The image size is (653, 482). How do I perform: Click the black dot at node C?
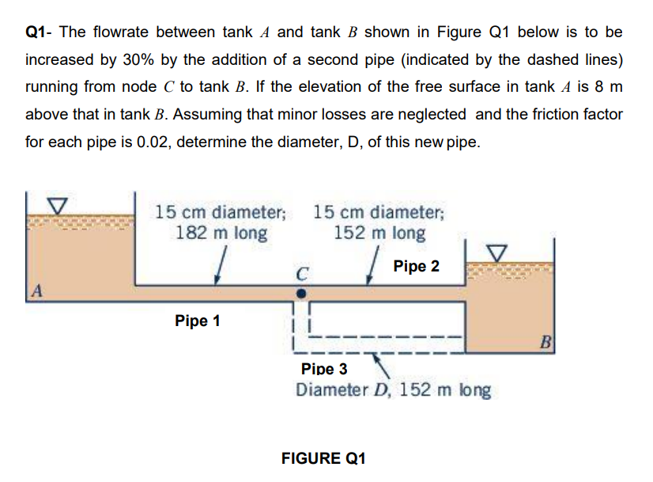[x=300, y=292]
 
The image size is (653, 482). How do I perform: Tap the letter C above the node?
[x=301, y=275]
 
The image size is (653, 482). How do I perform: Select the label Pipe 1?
[x=198, y=321]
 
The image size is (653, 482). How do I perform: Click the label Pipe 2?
[x=416, y=266]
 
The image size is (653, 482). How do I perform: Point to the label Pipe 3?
[x=324, y=369]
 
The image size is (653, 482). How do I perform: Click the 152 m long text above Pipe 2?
[x=379, y=233]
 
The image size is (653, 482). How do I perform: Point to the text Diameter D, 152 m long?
[x=393, y=390]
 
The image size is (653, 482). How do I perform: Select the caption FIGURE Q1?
[x=323, y=458]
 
